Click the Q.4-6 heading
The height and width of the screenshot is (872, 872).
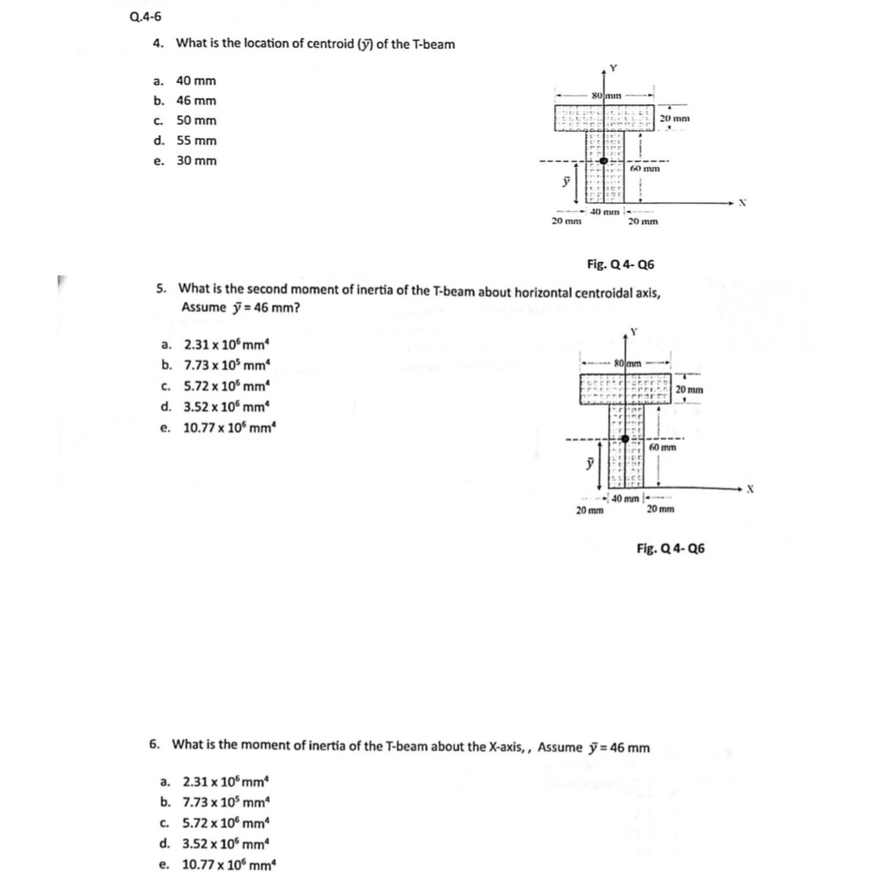coord(145,17)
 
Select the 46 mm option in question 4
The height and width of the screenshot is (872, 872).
coord(196,100)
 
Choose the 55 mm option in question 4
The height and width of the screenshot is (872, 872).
coord(196,141)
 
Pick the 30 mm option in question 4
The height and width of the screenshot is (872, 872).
coord(196,160)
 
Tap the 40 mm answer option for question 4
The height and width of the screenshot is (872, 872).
coord(196,81)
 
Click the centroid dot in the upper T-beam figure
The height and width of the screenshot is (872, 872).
coord(604,160)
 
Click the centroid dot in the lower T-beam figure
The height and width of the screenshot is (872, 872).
coord(625,439)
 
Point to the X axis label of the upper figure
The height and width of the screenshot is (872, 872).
coord(742,203)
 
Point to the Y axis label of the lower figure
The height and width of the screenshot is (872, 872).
coord(634,331)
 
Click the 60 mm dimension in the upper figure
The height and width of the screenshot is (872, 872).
coord(644,169)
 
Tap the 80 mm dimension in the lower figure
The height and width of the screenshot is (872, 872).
coord(627,363)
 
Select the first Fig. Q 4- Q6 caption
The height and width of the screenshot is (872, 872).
coord(620,264)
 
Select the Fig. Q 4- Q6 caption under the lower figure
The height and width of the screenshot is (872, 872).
coord(670,548)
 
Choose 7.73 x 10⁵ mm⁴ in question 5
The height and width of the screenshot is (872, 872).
coord(226,365)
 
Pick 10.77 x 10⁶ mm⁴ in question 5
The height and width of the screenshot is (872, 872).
coord(229,428)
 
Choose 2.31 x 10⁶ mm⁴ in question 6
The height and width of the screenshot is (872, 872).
coord(226,781)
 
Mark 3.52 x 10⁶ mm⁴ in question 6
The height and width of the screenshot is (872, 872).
coord(225,843)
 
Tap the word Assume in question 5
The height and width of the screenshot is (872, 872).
coord(204,308)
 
